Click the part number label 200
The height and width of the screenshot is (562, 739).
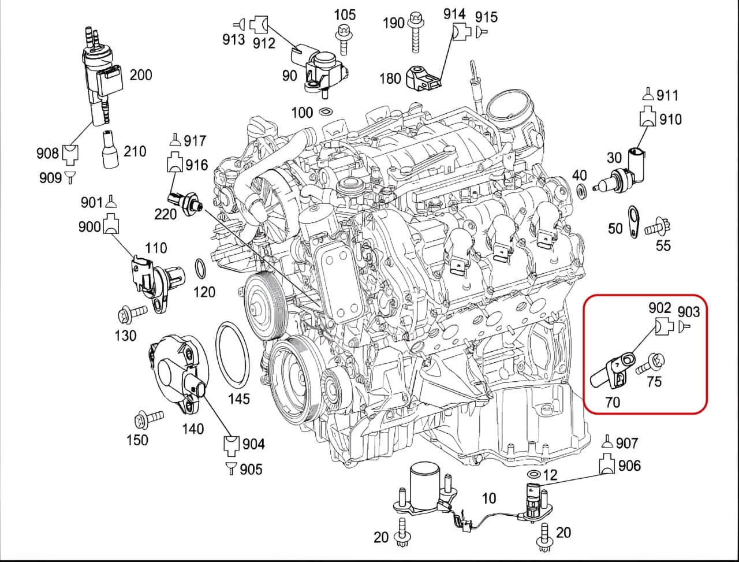tap(140, 75)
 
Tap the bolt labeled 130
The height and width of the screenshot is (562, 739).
tap(130, 315)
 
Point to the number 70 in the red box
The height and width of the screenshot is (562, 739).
tap(613, 402)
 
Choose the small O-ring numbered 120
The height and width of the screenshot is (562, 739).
tap(200, 269)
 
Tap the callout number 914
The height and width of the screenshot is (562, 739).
tap(454, 14)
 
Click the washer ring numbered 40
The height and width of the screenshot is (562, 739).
tap(581, 190)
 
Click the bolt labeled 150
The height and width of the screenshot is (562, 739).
tap(148, 417)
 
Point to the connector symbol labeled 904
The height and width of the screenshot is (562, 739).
tap(232, 444)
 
